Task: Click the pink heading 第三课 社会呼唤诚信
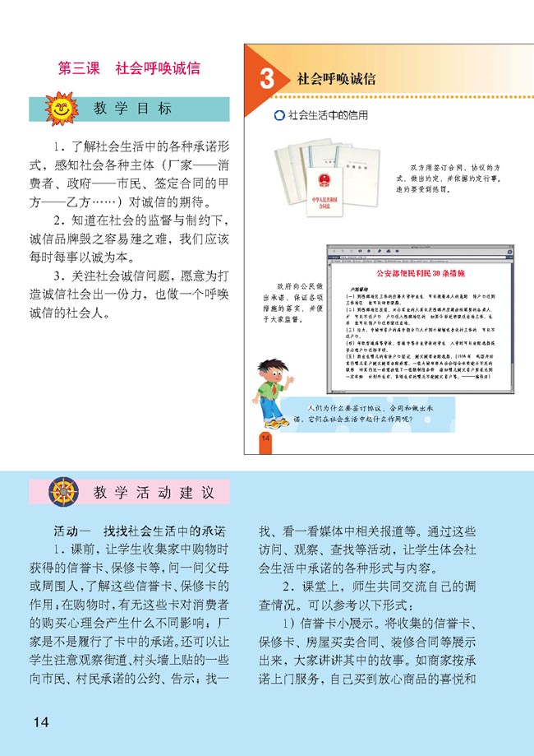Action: click(129, 69)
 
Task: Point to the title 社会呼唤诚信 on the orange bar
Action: click(337, 80)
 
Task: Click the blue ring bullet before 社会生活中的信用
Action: click(279, 116)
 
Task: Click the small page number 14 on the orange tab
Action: click(265, 437)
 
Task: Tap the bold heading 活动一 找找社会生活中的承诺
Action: click(140, 531)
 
